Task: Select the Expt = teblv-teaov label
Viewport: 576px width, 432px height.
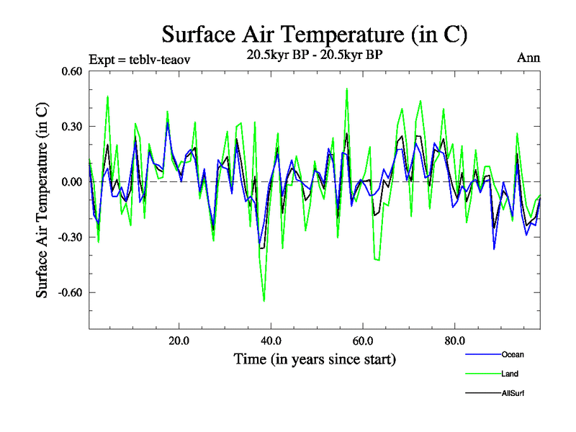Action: pos(140,59)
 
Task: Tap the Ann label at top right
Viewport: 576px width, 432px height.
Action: pos(528,58)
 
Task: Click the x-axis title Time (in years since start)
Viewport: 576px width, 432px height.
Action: pos(315,358)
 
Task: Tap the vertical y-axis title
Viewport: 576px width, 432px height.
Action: pos(43,200)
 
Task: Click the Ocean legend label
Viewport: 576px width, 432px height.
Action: pos(513,354)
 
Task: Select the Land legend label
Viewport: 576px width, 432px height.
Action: pos(510,374)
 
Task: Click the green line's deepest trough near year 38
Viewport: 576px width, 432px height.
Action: pos(264,301)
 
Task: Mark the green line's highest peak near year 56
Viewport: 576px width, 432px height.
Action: pos(347,89)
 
